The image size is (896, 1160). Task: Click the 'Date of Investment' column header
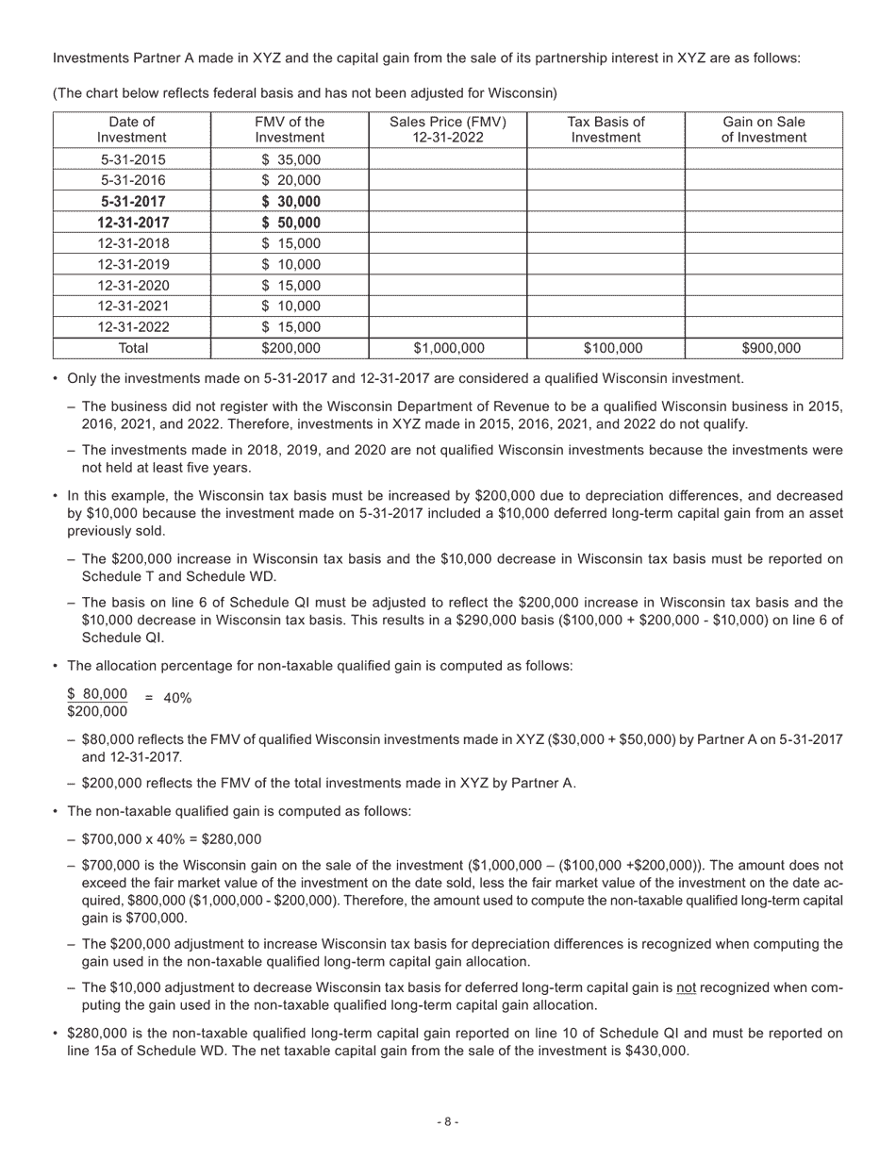tap(131, 129)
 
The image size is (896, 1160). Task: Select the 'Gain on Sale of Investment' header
tap(763, 129)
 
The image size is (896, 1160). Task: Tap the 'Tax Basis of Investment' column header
tap(606, 129)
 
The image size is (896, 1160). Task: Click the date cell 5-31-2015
tap(131, 160)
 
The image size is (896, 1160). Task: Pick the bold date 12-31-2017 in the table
tap(131, 223)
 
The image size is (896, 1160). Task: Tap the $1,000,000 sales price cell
tap(448, 348)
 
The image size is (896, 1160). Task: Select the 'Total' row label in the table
tap(131, 348)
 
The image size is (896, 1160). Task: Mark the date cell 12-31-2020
tap(131, 285)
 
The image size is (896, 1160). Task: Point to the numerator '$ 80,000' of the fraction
tap(97, 693)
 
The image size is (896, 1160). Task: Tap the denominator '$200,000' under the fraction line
tap(97, 711)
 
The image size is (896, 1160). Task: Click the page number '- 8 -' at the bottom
tap(448, 1121)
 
